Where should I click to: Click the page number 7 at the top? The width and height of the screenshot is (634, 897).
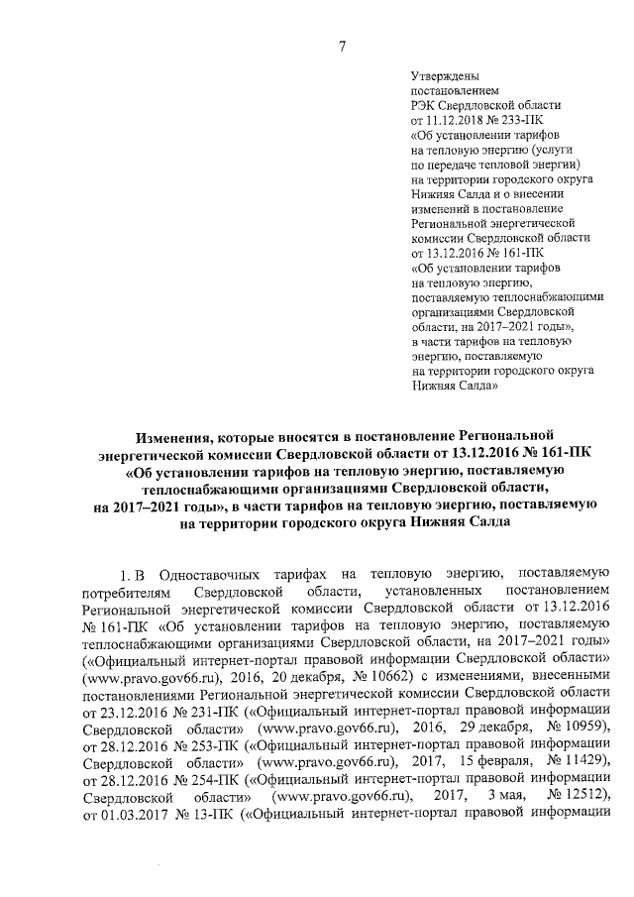coord(341,44)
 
